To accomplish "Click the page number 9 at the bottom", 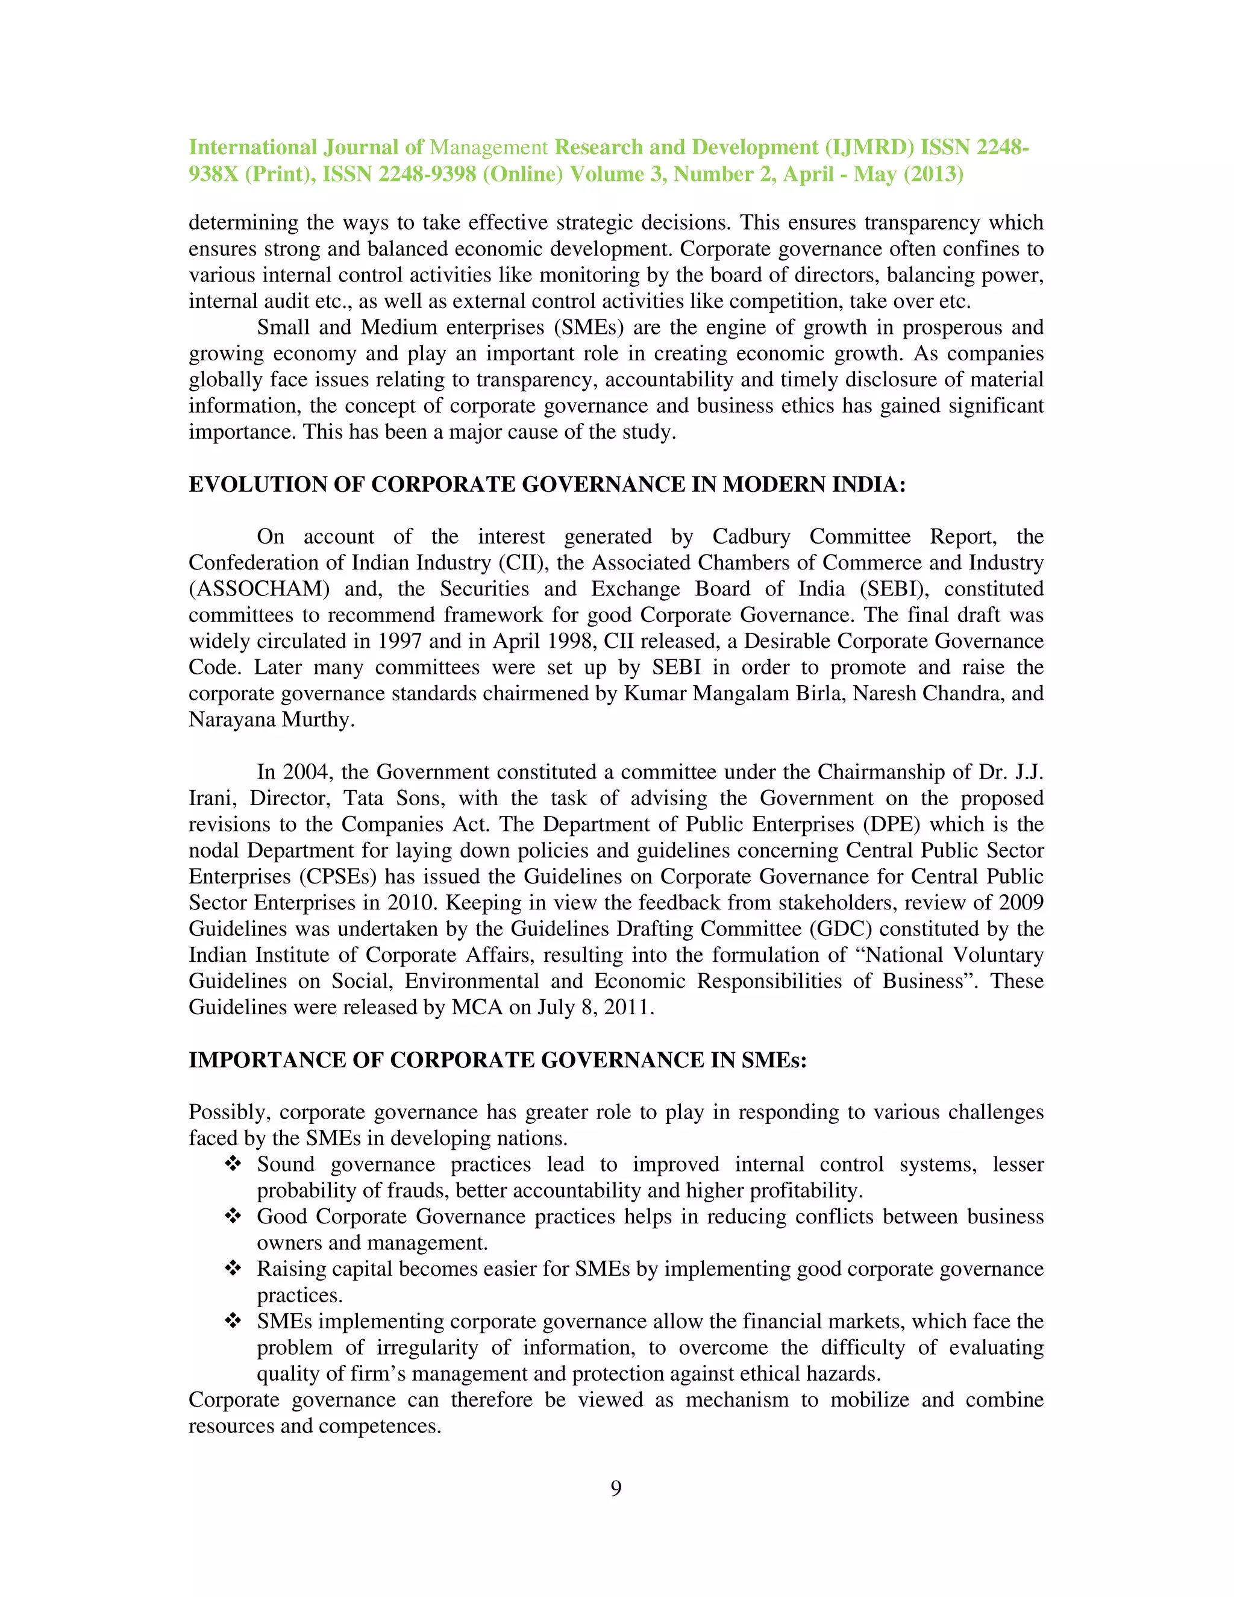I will click(616, 1488).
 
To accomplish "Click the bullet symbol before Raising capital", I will click(233, 1269).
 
